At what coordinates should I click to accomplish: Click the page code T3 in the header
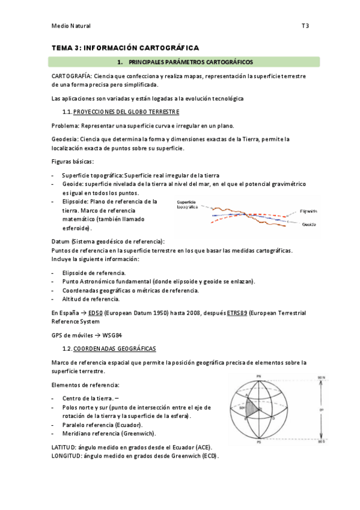(305, 26)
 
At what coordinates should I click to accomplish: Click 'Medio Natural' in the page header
(71, 26)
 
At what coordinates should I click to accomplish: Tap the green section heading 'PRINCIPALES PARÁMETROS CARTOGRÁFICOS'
(191, 62)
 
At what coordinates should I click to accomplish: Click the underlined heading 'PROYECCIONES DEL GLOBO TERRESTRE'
(126, 112)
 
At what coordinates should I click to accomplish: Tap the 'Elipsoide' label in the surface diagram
(309, 211)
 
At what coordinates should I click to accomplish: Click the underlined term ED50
(95, 313)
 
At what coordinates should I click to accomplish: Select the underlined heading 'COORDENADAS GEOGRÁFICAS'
(114, 349)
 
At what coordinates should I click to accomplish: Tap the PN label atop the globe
(259, 376)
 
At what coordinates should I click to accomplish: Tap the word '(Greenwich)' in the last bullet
(138, 433)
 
